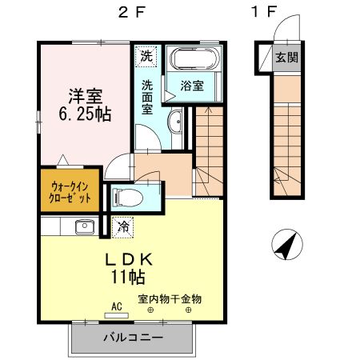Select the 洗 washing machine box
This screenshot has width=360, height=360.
point(146,57)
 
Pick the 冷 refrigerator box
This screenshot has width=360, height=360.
point(124,227)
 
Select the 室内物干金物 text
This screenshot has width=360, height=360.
point(170,298)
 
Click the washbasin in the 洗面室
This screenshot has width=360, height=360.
point(176,122)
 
